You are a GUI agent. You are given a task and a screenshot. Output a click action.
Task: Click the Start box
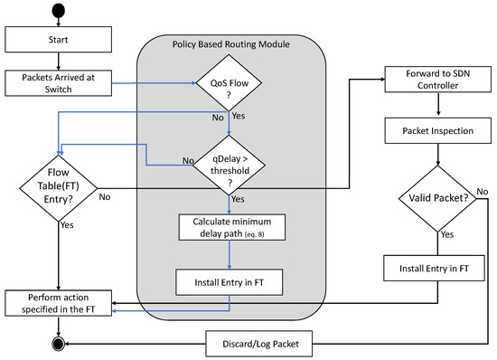pos(58,40)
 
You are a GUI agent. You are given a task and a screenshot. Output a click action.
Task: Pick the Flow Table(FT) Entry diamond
pos(59,186)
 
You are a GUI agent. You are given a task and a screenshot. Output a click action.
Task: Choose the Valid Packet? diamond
pos(439,198)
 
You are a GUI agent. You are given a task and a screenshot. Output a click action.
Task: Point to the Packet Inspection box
pos(439,132)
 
